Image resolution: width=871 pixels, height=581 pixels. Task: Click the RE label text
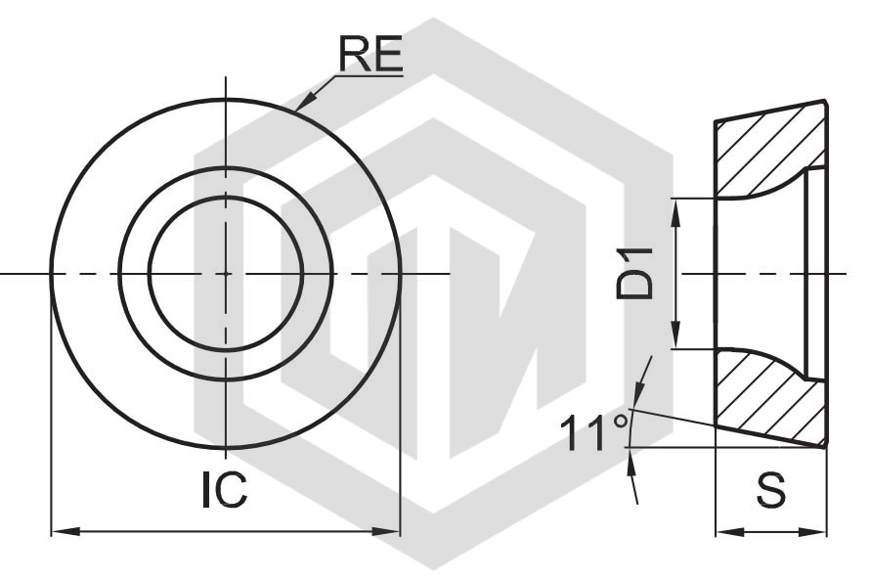(x=370, y=55)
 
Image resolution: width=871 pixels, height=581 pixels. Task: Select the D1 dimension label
(x=634, y=274)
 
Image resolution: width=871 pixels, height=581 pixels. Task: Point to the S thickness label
(x=771, y=490)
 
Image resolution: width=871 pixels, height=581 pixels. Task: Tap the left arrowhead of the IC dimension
(x=65, y=531)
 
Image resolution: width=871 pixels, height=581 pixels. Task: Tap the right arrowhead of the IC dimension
(x=386, y=531)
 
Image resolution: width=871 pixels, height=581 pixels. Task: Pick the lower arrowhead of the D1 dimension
(x=675, y=335)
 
